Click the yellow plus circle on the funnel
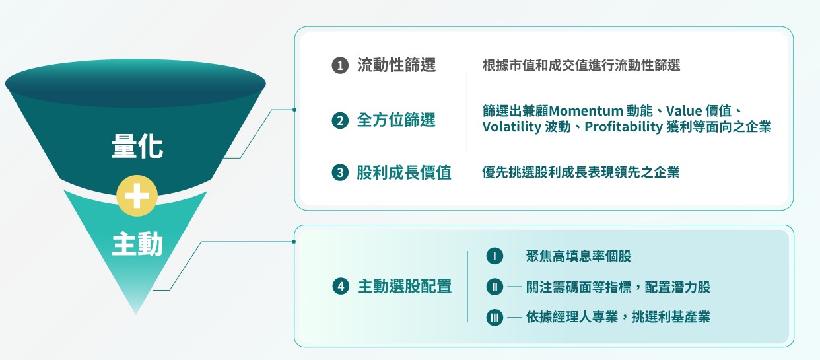click(137, 196)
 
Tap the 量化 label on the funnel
click(137, 147)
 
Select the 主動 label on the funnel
click(137, 245)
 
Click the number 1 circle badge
click(339, 65)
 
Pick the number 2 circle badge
click(339, 121)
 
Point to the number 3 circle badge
click(339, 173)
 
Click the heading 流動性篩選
click(396, 65)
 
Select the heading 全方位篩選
click(396, 121)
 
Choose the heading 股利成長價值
click(403, 173)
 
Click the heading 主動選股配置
click(404, 287)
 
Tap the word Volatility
click(511, 127)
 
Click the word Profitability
click(623, 127)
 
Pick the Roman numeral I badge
click(494, 256)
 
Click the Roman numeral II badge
click(494, 287)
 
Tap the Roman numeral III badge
click(494, 318)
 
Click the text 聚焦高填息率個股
click(574, 256)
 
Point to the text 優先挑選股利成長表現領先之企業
click(581, 173)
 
